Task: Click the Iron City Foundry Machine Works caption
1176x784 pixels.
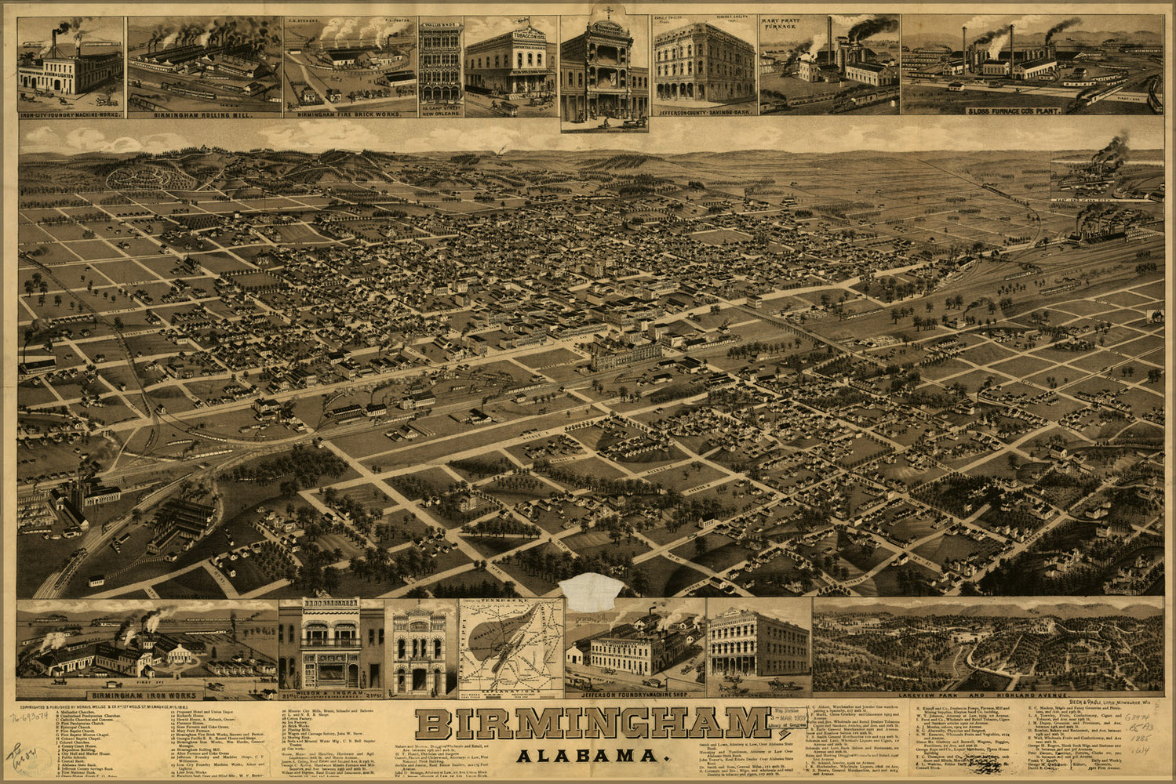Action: pos(71,115)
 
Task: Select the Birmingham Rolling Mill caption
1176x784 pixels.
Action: pos(204,115)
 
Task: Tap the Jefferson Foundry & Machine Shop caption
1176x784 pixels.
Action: pos(635,695)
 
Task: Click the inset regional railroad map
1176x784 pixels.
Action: pos(511,648)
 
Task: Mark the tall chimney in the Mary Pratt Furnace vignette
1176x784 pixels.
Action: pos(828,39)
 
